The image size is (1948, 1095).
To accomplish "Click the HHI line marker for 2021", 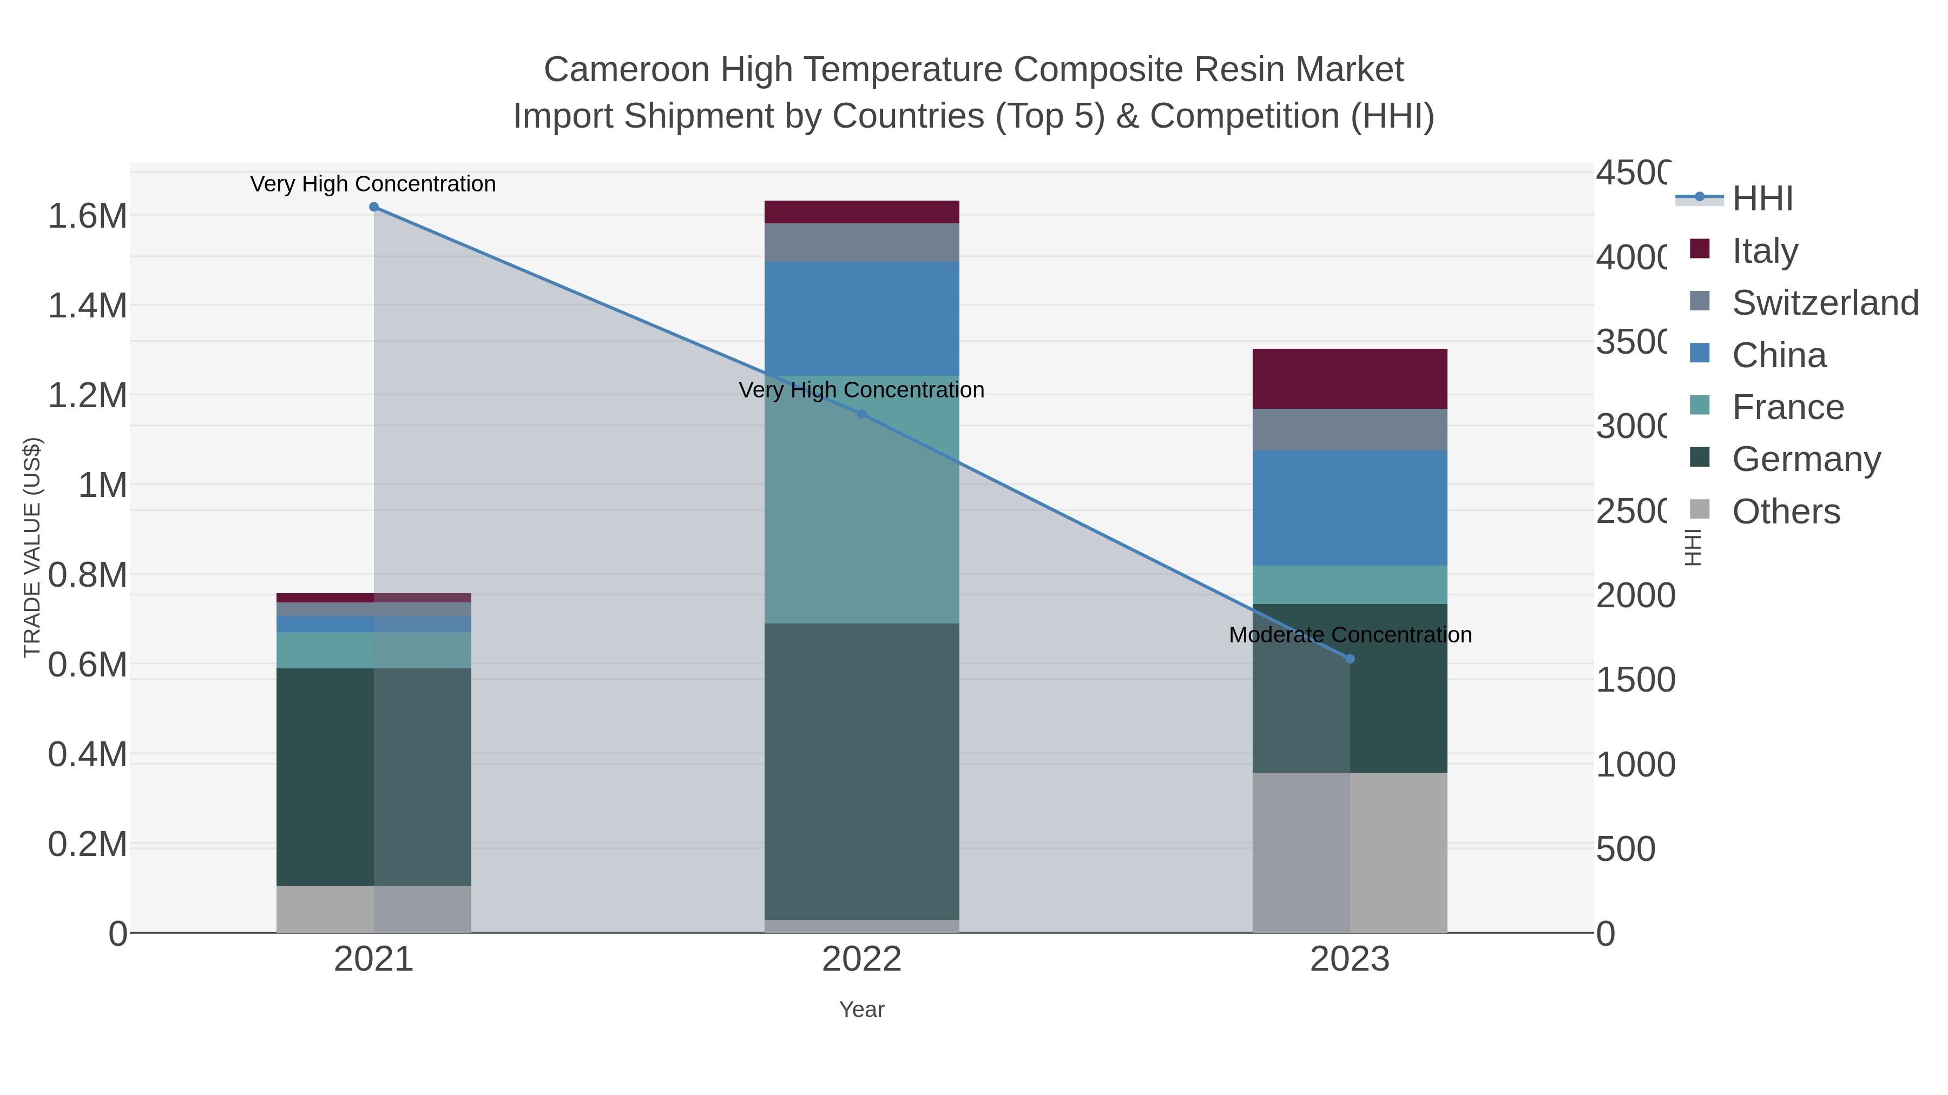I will click(x=373, y=207).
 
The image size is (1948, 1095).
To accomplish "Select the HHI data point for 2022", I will click(x=861, y=414).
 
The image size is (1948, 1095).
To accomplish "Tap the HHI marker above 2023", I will click(x=1350, y=659).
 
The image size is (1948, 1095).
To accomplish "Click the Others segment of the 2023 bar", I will click(x=1350, y=852).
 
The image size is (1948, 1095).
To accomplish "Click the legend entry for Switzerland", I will click(x=1824, y=303).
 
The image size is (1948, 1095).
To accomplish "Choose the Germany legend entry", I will click(x=1805, y=460).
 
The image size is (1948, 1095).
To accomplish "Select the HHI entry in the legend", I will click(x=1762, y=199).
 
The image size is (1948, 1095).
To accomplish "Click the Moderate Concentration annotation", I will click(x=1350, y=635).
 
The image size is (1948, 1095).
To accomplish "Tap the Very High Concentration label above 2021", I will click(x=373, y=184).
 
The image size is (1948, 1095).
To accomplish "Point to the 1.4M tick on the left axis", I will click(x=87, y=306).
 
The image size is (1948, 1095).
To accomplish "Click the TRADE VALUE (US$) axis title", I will click(x=32, y=547).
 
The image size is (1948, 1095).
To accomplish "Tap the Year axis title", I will click(x=861, y=1010).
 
